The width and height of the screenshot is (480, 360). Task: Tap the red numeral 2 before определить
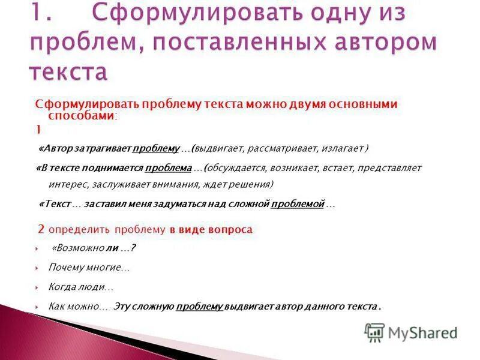[41, 229]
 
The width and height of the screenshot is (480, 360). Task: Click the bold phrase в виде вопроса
[211, 229]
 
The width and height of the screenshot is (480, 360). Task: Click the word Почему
[67, 267]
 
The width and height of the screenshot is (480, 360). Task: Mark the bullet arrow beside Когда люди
[37, 287]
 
